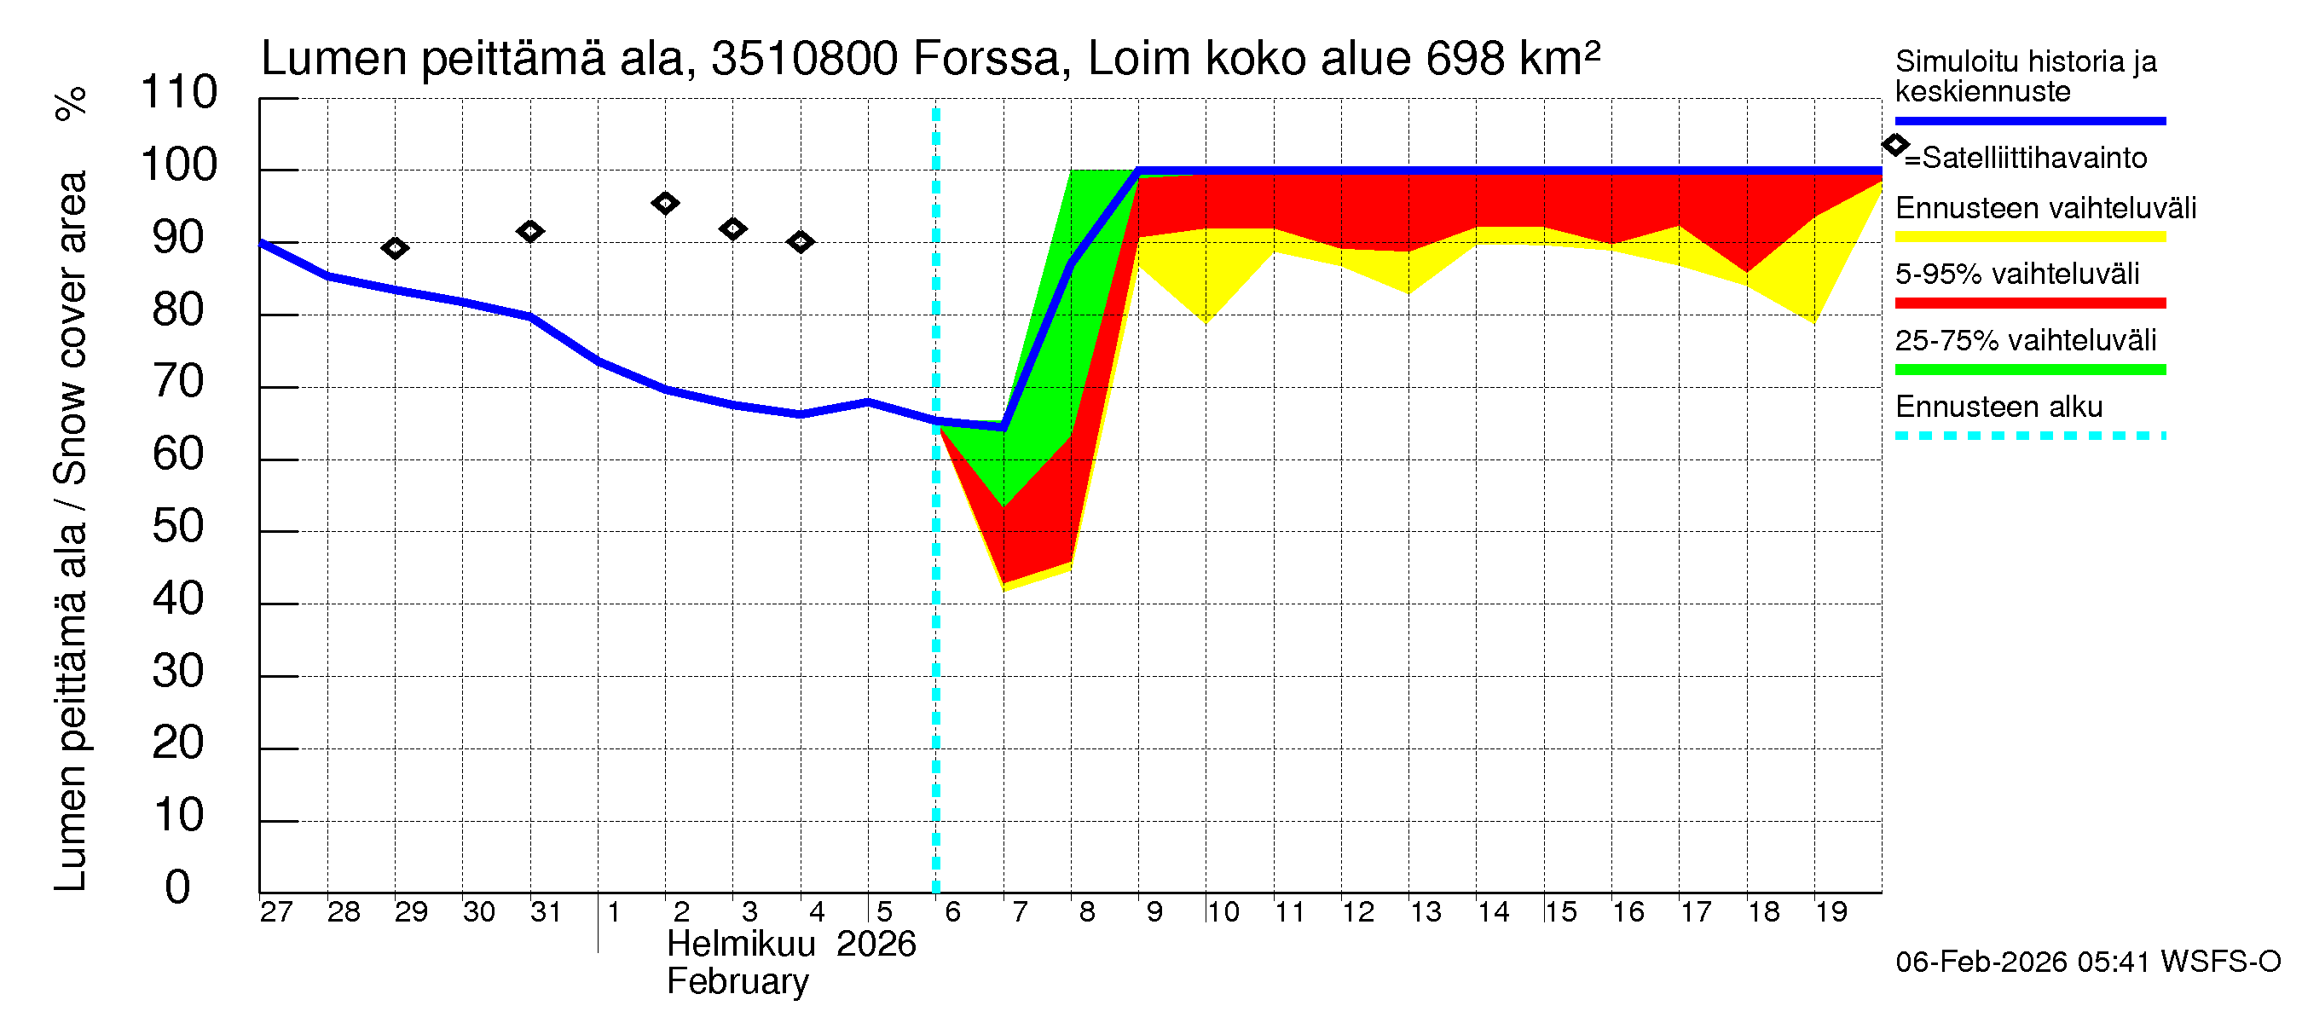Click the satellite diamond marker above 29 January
394,247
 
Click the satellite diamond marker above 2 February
664,203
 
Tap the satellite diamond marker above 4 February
800,241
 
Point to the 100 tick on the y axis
179,165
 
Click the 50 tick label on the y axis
178,526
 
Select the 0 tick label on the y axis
178,887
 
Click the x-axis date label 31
545,912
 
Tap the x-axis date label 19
1831,912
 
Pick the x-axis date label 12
1357,912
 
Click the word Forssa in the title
986,59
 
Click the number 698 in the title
1465,59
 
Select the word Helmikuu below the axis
741,945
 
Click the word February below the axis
737,982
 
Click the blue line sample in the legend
2029,120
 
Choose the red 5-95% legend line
2029,303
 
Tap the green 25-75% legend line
2029,370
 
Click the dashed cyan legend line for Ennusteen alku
2029,436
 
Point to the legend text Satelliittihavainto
2034,159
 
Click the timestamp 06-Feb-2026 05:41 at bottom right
2022,962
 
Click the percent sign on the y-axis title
71,104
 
